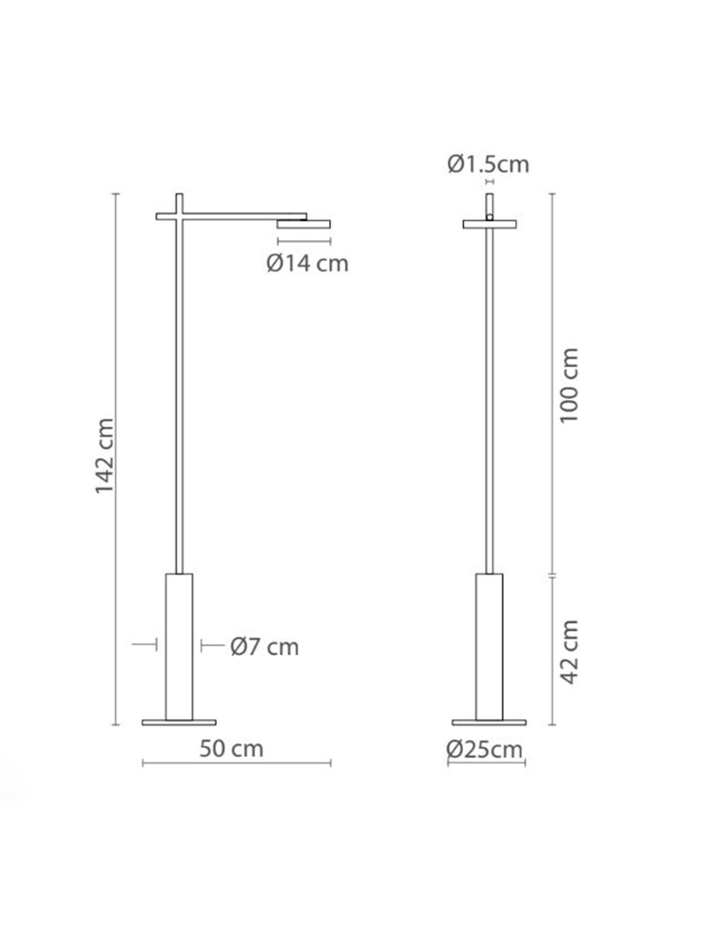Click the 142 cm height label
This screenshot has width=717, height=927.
click(x=104, y=456)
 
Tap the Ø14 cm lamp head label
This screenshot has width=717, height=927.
click(x=307, y=263)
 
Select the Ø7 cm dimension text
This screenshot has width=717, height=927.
click(x=265, y=647)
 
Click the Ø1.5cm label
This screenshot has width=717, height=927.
click(x=488, y=164)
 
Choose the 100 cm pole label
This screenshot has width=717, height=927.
click(x=568, y=385)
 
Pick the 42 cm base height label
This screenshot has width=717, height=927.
click(x=568, y=652)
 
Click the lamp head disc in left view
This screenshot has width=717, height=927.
click(x=303, y=224)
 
